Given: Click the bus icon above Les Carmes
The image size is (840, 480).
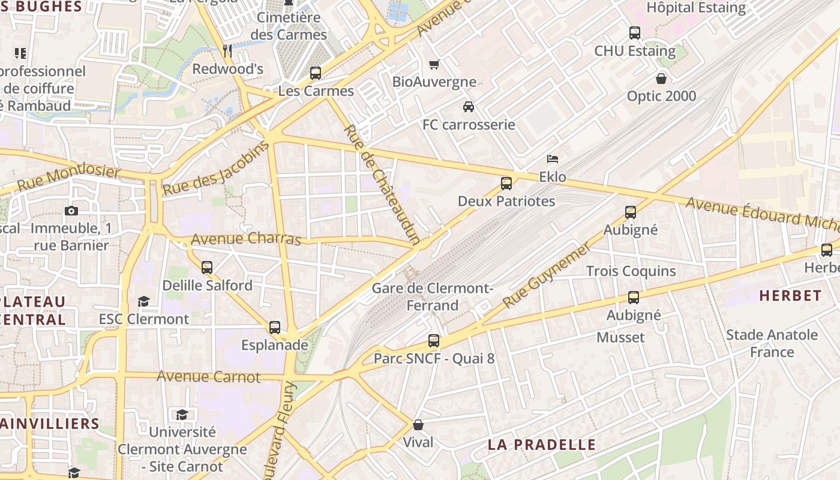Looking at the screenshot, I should coord(316,73).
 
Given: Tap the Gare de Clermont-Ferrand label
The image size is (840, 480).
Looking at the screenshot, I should coord(432,297).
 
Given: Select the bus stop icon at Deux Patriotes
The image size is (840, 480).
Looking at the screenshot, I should coord(506,184).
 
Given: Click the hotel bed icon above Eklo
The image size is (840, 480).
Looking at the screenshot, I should coord(553,159).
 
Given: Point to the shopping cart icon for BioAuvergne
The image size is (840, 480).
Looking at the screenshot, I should coord(434,64).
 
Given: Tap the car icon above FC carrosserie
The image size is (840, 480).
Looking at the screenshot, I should coord(469,107).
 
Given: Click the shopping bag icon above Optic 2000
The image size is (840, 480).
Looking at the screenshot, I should coord(661,79).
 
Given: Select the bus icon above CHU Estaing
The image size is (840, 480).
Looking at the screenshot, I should coord(635,33).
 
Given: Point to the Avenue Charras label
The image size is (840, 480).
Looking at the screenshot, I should coord(246,239).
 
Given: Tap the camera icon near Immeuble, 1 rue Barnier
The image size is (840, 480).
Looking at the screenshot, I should coord(71,211).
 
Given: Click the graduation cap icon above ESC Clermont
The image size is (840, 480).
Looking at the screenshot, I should coord(143,301).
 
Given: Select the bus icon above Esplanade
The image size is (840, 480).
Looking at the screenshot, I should coord(275,328).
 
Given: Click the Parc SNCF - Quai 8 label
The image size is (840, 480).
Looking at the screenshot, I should coord(434,359).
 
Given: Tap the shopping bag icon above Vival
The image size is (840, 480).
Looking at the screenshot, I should coord(418,425).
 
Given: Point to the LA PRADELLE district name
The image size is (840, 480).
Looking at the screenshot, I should coord(542,445).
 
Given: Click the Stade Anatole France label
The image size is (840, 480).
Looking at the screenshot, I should coord(772,343).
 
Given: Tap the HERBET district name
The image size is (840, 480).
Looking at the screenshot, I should coord(790,295).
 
